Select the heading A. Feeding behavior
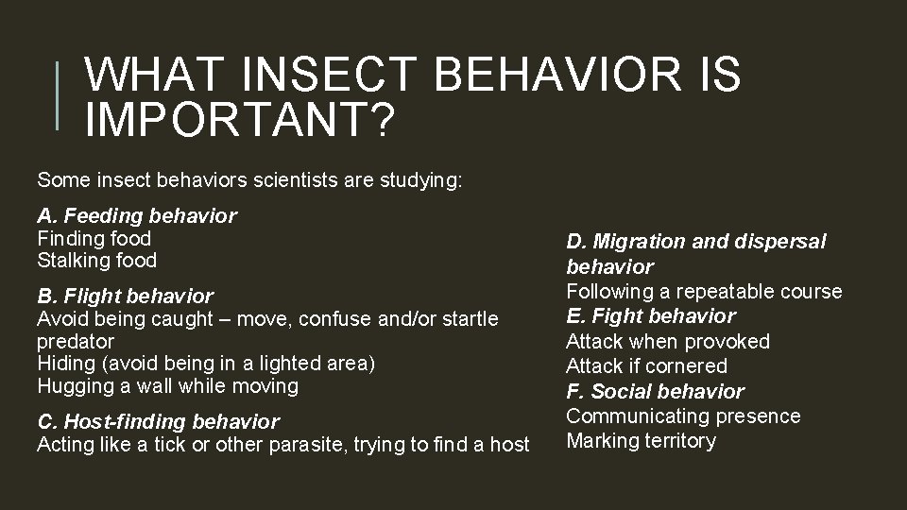point(137,216)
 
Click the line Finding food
point(94,239)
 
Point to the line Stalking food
point(96,260)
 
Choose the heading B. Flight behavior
point(125,297)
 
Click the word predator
point(76,341)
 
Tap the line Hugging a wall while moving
point(167,385)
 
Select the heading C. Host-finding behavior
point(158,421)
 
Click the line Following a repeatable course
point(704,292)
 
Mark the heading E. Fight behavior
point(650,316)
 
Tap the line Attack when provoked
point(668,341)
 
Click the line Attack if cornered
point(646,365)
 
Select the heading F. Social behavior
point(655,391)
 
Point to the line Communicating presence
point(683,416)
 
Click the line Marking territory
point(641,441)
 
